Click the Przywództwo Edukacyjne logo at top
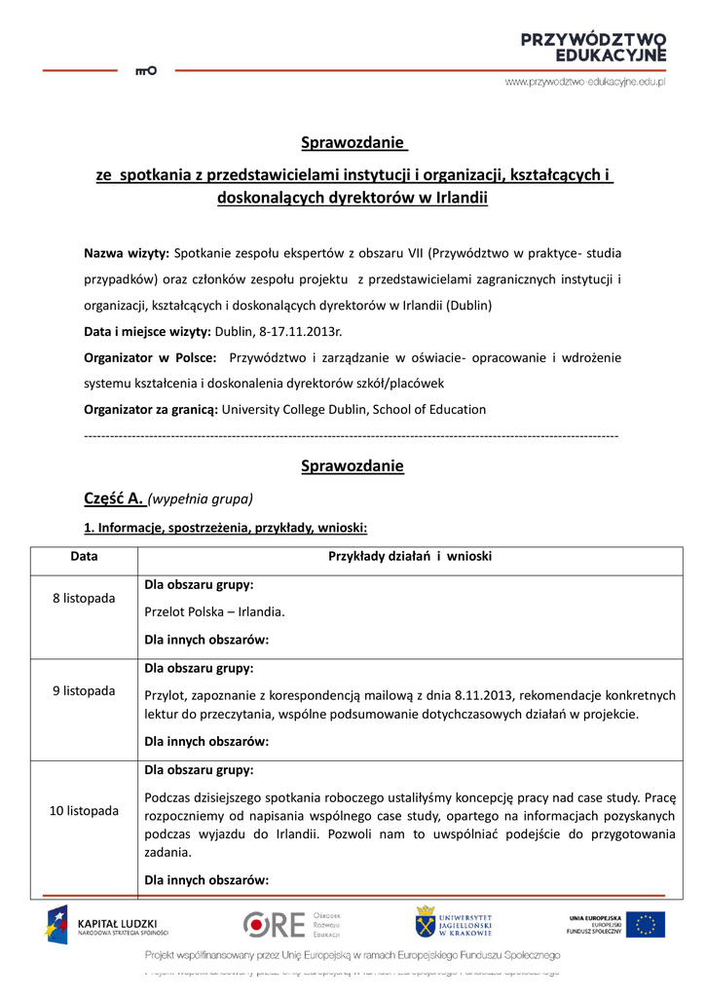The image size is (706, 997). (x=593, y=47)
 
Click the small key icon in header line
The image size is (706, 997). (x=145, y=70)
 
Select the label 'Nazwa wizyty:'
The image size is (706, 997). (x=127, y=253)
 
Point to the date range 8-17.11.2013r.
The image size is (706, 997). (x=301, y=331)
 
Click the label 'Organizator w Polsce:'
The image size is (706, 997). (x=150, y=357)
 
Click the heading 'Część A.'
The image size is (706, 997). (x=114, y=498)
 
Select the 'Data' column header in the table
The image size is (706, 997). (x=84, y=556)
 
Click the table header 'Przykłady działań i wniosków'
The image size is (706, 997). (x=410, y=556)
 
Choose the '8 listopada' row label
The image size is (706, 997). (x=84, y=598)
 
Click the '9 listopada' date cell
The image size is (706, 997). (x=84, y=690)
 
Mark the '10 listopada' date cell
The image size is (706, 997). (x=84, y=810)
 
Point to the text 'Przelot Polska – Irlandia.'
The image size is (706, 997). (x=214, y=612)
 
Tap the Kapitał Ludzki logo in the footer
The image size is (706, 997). (x=107, y=924)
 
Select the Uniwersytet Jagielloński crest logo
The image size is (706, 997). (x=425, y=923)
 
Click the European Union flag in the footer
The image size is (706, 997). (x=645, y=924)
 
